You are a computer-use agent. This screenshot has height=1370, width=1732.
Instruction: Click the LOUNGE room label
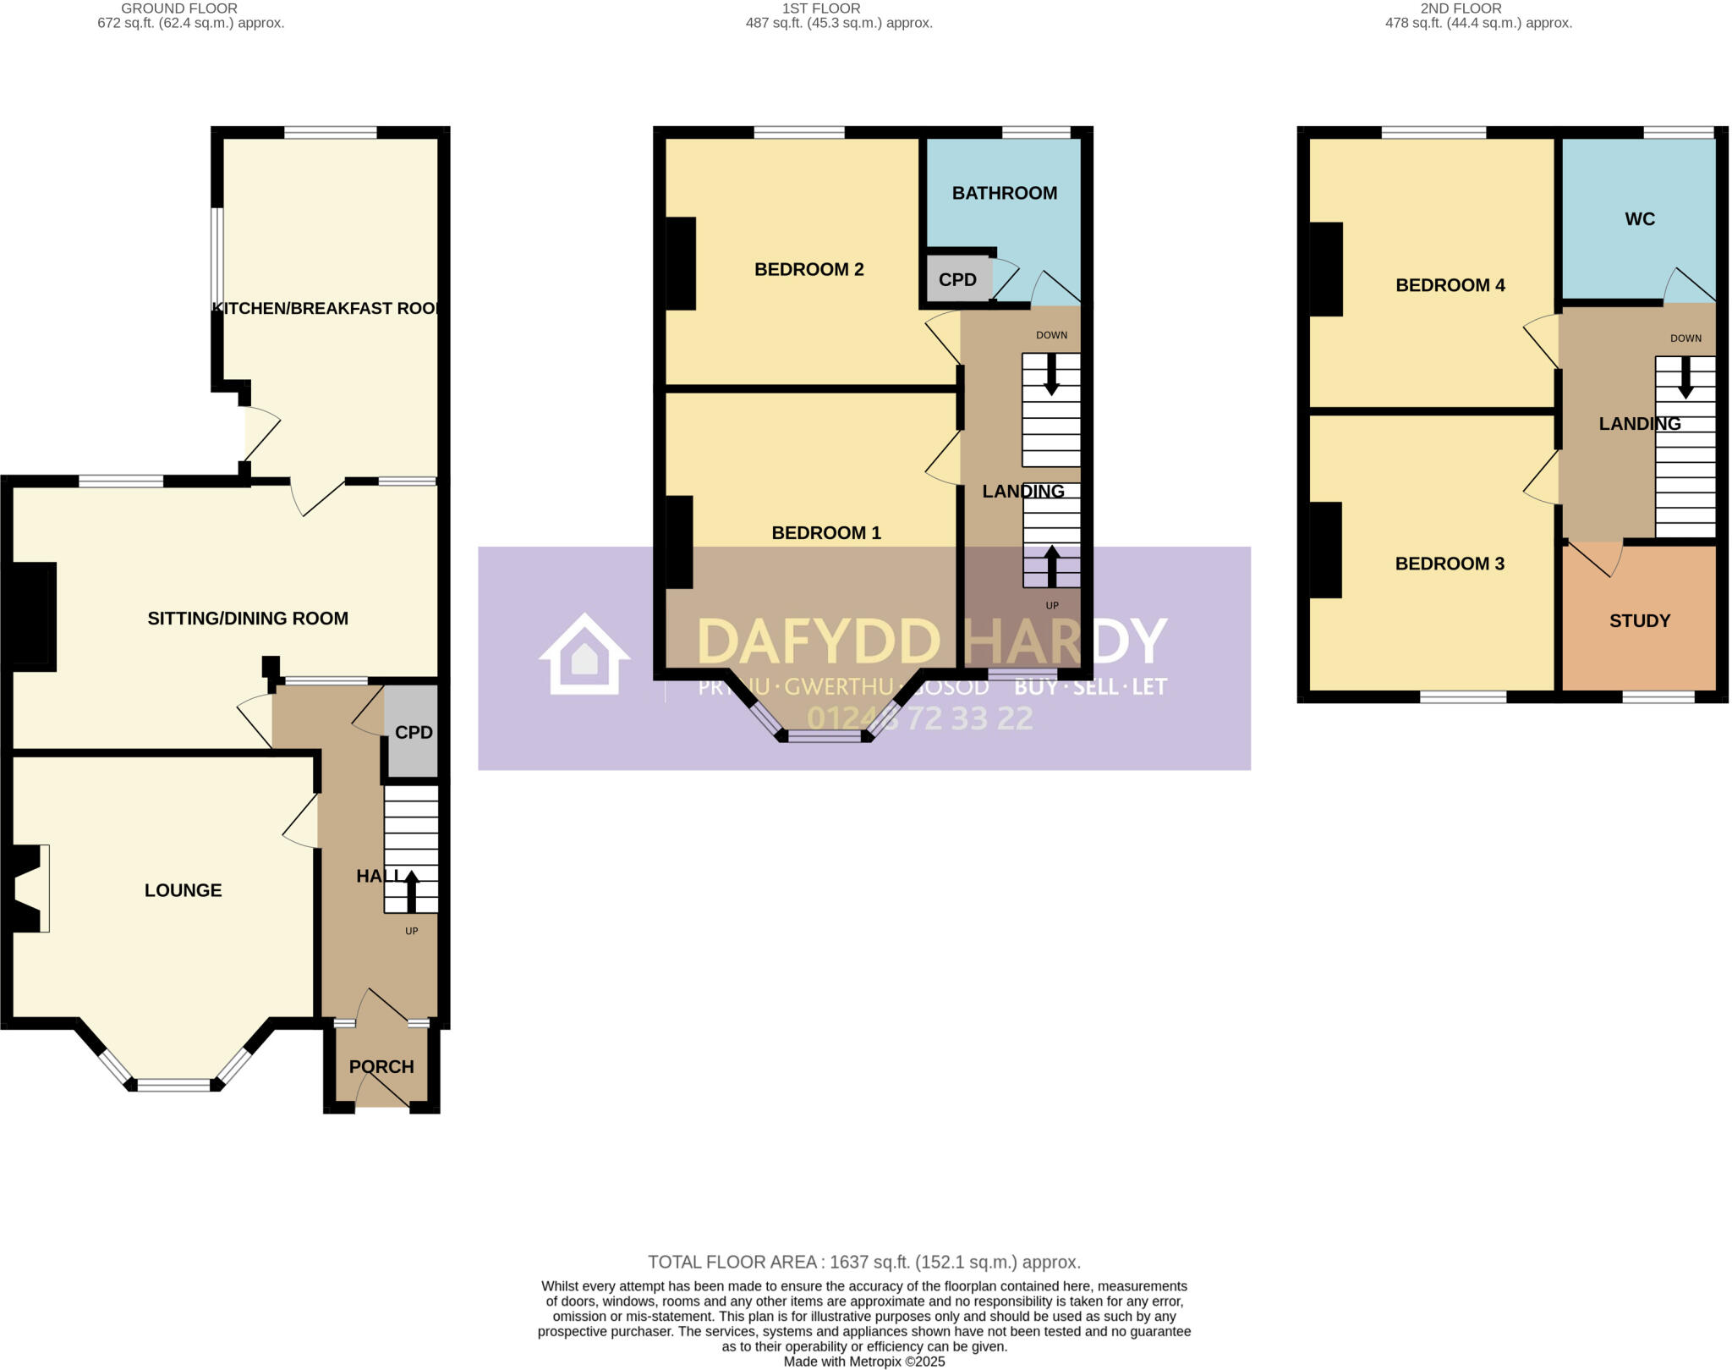click(183, 890)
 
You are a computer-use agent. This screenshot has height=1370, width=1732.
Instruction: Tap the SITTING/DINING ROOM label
click(248, 619)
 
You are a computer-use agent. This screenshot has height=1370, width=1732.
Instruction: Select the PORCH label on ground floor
click(381, 1066)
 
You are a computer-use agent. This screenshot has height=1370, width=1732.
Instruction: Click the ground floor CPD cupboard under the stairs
click(414, 733)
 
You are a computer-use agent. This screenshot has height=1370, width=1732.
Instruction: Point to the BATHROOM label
click(1004, 193)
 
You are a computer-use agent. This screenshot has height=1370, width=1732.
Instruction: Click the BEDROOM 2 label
click(808, 269)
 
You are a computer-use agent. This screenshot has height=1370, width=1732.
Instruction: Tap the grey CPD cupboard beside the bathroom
click(957, 279)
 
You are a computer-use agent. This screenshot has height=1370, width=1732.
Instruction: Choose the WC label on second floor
click(1639, 219)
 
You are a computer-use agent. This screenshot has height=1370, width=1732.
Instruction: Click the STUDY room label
click(1639, 621)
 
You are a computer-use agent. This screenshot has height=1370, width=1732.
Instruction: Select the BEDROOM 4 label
click(1450, 285)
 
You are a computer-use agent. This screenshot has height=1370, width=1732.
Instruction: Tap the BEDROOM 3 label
click(1450, 564)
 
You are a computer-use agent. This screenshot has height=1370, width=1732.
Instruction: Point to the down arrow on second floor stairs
click(1685, 377)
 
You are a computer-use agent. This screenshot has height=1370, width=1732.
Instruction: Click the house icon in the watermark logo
click(584, 655)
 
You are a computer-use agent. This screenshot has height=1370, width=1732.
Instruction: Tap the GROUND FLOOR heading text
click(179, 8)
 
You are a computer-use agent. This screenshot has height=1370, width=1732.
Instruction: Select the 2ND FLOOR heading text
click(1461, 8)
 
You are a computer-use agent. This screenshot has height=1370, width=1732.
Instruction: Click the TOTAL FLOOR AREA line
click(863, 1263)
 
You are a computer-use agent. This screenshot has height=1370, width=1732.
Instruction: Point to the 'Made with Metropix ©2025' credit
click(863, 1362)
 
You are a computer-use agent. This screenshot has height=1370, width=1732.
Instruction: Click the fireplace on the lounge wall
click(29, 889)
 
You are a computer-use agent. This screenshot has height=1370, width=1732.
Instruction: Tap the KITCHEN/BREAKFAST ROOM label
click(327, 309)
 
